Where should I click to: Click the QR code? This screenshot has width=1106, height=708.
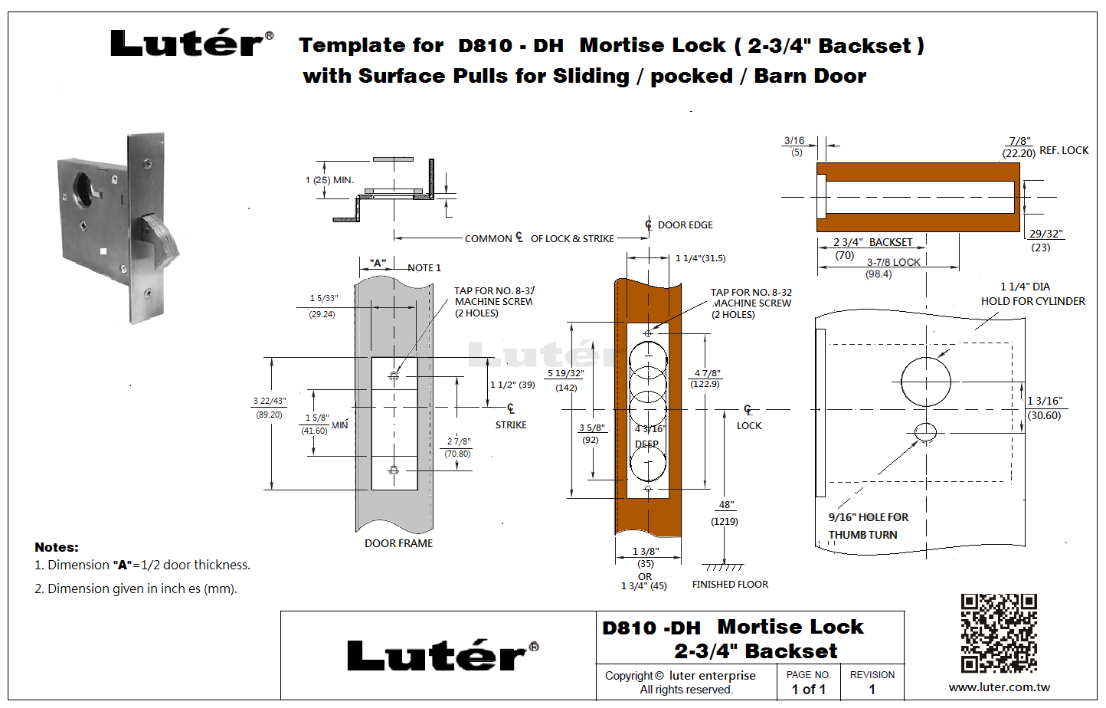click(999, 633)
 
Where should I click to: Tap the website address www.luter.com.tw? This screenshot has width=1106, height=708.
click(999, 687)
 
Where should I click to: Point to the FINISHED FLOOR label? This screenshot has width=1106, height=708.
click(730, 585)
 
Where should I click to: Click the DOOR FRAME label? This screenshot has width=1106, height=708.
click(398, 543)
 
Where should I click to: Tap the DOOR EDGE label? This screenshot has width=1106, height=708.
click(685, 225)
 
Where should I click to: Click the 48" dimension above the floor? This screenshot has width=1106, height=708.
click(726, 505)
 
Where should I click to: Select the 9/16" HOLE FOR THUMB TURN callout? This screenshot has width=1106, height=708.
click(868, 526)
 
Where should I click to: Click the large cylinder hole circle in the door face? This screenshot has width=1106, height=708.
click(925, 381)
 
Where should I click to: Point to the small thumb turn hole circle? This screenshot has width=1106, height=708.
click(925, 432)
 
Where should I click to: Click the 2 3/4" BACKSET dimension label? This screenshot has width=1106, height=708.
click(873, 242)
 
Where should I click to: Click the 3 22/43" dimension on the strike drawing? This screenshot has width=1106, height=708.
click(270, 401)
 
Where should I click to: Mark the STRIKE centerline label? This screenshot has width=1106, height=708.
click(511, 424)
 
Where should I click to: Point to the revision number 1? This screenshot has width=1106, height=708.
click(872, 690)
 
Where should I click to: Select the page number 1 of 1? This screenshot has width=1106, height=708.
click(808, 690)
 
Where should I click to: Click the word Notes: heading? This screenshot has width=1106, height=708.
click(57, 547)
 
